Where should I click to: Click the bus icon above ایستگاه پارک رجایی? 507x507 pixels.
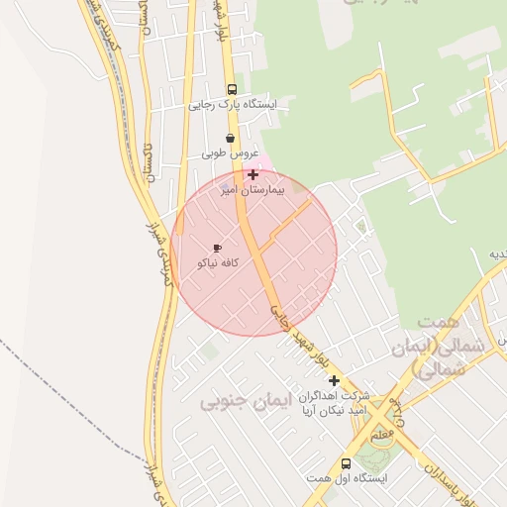click(x=232, y=88)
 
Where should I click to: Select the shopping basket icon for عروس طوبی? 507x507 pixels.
click(x=231, y=139)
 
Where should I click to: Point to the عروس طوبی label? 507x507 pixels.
click(x=230, y=153)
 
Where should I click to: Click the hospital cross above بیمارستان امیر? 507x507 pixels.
click(x=253, y=174)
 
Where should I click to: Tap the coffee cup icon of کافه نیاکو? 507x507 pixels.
click(x=217, y=248)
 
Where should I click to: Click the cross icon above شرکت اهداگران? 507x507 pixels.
click(x=334, y=380)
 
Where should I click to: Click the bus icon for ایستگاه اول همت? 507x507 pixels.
click(x=346, y=463)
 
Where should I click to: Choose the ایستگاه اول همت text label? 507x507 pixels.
click(x=346, y=478)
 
